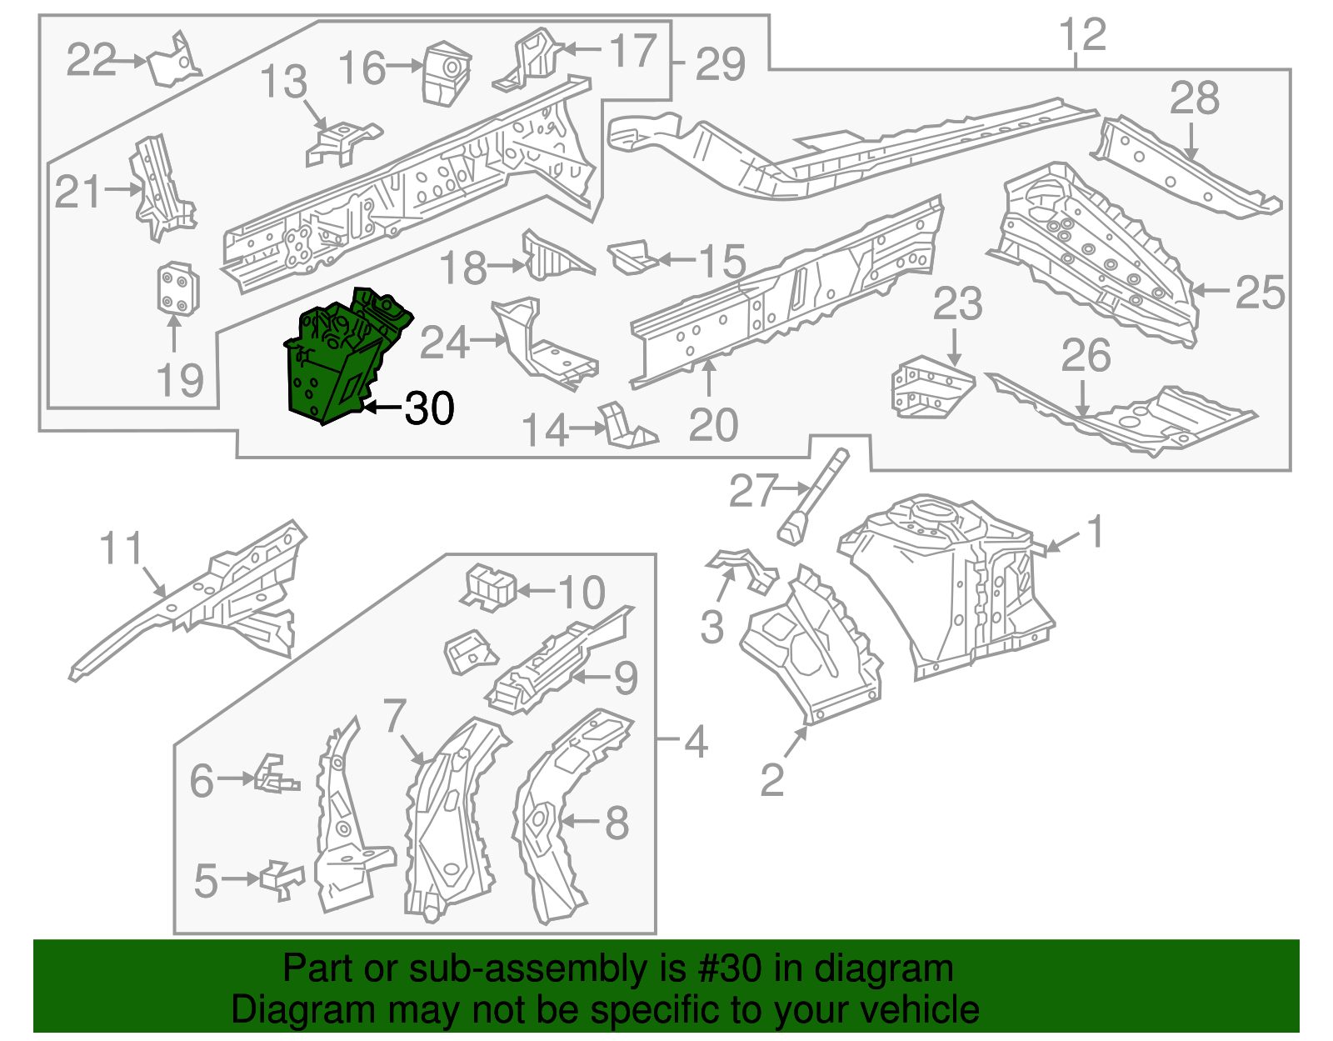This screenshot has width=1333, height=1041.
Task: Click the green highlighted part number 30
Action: (x=342, y=358)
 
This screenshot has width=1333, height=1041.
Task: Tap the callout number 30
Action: (x=430, y=408)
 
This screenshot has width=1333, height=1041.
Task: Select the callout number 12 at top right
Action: (x=1082, y=35)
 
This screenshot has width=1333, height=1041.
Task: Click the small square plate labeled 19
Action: (x=177, y=290)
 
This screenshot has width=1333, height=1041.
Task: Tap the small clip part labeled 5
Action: (x=282, y=879)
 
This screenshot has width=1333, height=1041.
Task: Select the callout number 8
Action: (x=616, y=823)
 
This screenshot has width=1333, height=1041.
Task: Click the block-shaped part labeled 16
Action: (x=447, y=74)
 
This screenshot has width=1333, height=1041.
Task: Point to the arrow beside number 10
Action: (x=535, y=592)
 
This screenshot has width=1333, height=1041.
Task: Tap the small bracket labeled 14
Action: (x=625, y=427)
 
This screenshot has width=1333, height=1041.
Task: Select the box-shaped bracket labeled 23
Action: (x=931, y=387)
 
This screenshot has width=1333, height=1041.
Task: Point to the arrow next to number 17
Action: (x=581, y=50)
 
